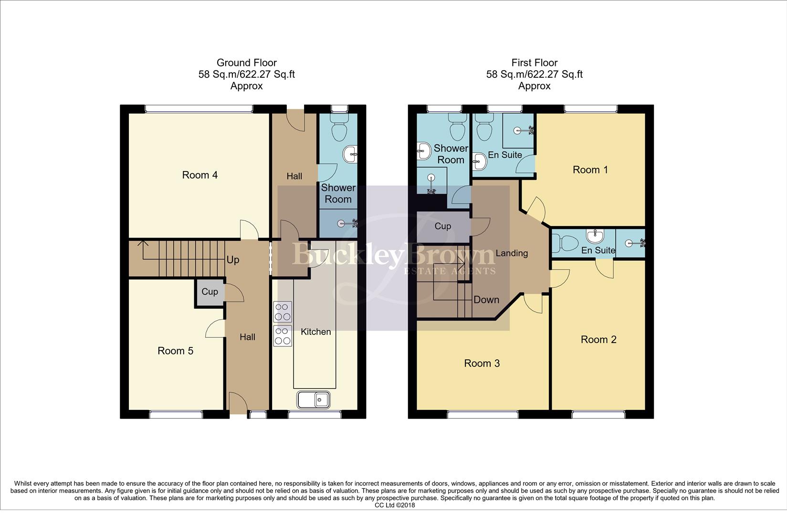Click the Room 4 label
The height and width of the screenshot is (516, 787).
tap(199, 175)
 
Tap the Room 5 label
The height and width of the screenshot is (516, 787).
tap(175, 351)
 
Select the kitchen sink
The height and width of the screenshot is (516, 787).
tap(313, 399)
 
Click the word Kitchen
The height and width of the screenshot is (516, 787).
tap(315, 332)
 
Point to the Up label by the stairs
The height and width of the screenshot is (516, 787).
tap(233, 260)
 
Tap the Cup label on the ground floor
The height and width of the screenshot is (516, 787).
tap(210, 291)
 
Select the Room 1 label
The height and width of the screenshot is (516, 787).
tap(590, 170)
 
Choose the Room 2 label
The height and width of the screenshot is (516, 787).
tap(598, 340)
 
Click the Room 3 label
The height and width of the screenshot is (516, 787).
tap(482, 364)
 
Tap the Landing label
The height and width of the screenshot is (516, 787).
tap(511, 253)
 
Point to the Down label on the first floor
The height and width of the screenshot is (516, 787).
tap(486, 300)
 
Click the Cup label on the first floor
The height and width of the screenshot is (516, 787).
tap(442, 226)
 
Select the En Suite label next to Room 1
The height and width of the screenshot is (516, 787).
tap(504, 155)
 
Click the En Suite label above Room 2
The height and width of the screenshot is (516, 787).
tap(598, 250)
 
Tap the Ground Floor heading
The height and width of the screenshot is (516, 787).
tap(246, 63)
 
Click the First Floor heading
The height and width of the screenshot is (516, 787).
tap(534, 63)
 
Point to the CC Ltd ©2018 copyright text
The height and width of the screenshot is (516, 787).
tap(395, 505)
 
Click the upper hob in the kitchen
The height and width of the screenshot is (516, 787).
tap(283, 312)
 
